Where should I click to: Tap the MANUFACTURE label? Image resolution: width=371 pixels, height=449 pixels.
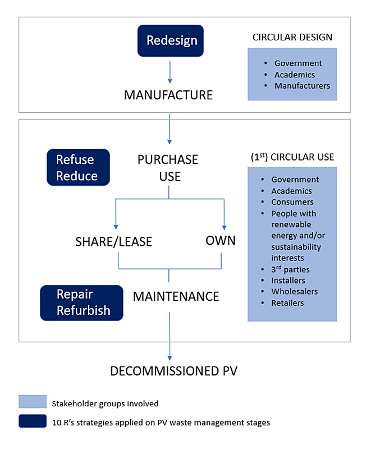(x=168, y=95)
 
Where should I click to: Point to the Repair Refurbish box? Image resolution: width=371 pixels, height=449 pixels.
(x=82, y=303)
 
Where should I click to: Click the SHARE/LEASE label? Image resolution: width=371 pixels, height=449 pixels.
(x=114, y=242)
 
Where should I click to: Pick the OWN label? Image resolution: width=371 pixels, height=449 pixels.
(x=221, y=240)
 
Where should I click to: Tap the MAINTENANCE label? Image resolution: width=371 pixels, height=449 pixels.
(x=176, y=296)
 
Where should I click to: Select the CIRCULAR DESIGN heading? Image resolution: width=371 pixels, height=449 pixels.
(x=292, y=38)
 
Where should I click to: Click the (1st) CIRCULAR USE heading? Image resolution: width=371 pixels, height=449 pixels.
(x=292, y=157)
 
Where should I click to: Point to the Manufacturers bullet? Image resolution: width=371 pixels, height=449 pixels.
(x=302, y=86)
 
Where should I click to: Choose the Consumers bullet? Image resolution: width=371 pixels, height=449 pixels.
(x=292, y=202)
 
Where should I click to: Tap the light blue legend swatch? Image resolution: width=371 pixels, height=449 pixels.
(x=33, y=402)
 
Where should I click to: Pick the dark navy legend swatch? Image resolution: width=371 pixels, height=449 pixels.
(x=33, y=421)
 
